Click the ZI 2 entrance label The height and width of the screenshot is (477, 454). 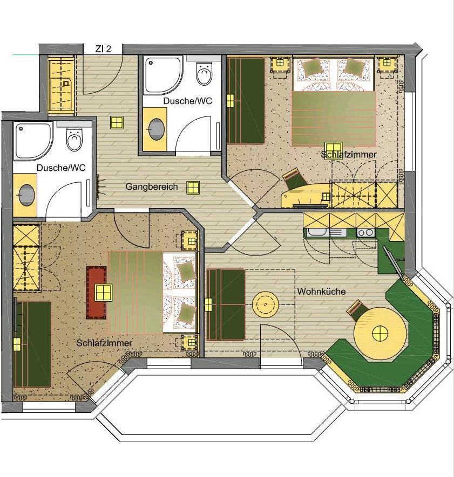(x=103, y=49)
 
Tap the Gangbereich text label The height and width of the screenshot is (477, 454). (x=152, y=187)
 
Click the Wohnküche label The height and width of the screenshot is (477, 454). (x=321, y=292)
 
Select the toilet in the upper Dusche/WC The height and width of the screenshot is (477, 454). (x=204, y=73)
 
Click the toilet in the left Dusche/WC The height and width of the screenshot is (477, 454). (x=74, y=140)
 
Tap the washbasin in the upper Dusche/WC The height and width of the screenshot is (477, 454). (x=157, y=129)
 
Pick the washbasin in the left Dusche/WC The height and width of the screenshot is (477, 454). (x=27, y=195)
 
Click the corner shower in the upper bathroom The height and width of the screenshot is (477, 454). (x=164, y=76)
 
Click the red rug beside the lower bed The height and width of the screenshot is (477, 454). (x=96, y=293)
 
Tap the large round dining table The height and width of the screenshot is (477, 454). (x=380, y=334)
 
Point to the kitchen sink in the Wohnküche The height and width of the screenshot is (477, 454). (x=317, y=232)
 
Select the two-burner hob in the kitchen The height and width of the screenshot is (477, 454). (x=365, y=233)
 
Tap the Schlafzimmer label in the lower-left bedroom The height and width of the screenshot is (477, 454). (x=104, y=343)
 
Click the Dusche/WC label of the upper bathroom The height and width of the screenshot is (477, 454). (x=187, y=101)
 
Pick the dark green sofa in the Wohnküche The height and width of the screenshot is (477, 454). (x=226, y=305)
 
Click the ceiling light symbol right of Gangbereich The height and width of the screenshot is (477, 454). (x=193, y=188)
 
